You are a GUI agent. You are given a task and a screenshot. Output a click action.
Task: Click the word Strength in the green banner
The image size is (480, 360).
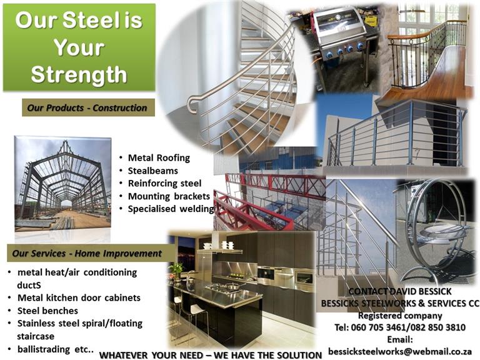79,75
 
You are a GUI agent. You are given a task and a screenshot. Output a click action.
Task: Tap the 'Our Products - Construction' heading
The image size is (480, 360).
87,107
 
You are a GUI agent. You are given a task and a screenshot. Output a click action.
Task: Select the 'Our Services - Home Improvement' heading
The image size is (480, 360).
87,254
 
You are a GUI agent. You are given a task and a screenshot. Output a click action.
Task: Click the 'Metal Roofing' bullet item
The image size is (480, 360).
159,158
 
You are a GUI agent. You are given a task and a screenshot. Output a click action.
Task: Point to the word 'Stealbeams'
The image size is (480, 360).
152,171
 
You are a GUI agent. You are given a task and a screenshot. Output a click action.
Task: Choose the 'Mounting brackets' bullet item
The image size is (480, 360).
169,196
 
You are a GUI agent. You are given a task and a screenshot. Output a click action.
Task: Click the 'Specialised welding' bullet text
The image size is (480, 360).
171,209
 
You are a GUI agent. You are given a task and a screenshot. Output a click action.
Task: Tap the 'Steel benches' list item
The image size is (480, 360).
47,311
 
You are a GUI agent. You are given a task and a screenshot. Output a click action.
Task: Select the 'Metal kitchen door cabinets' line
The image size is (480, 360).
79,298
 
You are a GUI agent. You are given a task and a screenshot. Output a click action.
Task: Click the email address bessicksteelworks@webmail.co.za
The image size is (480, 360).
400,351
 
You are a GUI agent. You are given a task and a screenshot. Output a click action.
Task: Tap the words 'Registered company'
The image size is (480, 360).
400,316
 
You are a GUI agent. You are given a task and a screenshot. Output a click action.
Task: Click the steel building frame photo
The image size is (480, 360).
62,184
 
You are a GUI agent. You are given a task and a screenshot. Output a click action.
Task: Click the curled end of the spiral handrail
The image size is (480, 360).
191,104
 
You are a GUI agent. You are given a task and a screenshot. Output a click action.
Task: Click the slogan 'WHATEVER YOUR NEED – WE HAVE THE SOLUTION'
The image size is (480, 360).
211,356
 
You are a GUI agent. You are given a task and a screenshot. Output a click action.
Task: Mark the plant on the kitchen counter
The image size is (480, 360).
176,270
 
